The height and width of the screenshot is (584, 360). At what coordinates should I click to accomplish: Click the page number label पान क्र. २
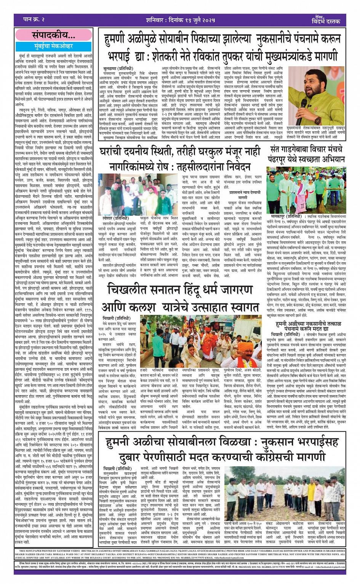30,19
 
